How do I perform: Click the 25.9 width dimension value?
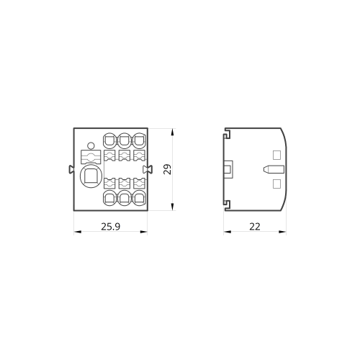coord(110,227)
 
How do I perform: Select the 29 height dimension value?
coord(168,169)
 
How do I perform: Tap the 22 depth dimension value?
coord(255,227)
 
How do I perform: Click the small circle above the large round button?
coord(91,145)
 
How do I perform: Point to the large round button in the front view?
coord(91,176)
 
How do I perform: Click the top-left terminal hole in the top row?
coord(109,140)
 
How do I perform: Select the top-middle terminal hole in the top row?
coord(125,140)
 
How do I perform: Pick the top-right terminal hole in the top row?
coord(139,140)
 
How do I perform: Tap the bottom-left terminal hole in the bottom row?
coord(109,198)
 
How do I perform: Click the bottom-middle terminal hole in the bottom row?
coord(125,198)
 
